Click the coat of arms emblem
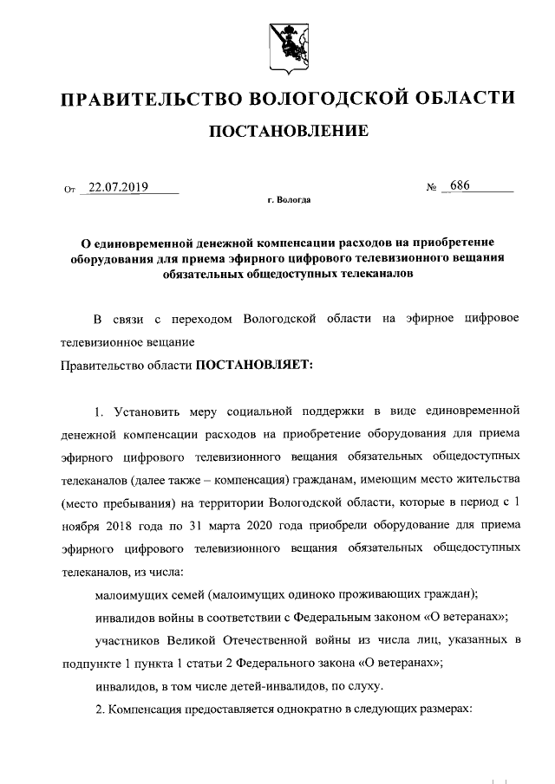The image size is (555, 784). (277, 41)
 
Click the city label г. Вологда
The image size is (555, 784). (289, 201)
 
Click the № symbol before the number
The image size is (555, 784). (431, 188)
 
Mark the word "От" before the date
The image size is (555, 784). (69, 188)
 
